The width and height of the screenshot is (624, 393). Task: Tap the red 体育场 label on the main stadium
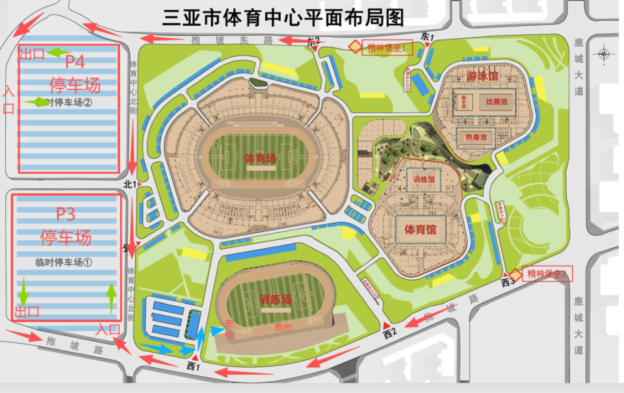261,158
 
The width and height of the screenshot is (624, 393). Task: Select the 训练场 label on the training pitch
275,299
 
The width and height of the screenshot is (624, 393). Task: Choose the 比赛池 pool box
496,102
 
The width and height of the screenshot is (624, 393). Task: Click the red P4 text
75,62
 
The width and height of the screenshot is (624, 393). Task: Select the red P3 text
70,214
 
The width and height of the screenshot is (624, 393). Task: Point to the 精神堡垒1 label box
387,47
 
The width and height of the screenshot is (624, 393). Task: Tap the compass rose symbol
604,55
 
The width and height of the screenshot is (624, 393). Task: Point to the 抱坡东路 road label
231,40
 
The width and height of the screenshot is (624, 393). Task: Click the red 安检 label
229,330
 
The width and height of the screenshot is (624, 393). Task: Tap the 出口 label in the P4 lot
32,54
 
